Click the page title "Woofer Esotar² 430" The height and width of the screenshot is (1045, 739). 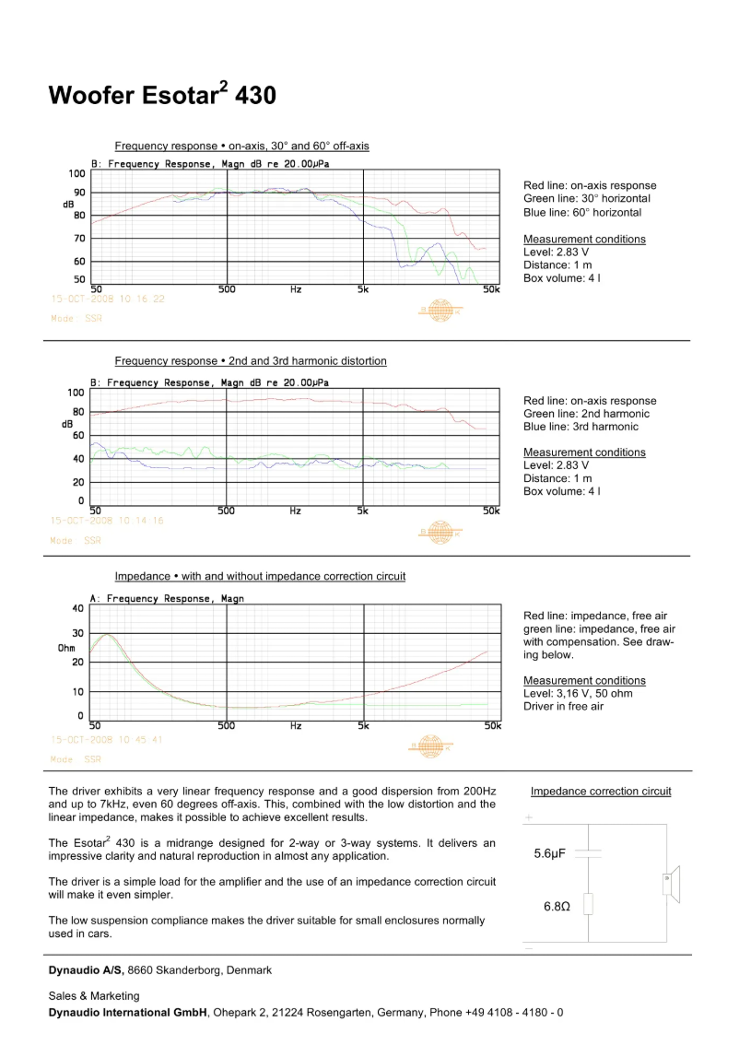[162, 96]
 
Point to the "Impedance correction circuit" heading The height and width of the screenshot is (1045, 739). [601, 792]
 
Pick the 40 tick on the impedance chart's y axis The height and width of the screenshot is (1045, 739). [76, 608]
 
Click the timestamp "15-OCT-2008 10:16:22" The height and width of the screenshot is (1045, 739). [108, 299]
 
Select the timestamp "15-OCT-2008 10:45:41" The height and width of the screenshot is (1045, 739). [108, 740]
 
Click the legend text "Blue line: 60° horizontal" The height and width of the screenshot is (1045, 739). [582, 213]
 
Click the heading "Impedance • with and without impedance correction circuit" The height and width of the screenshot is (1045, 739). [260, 577]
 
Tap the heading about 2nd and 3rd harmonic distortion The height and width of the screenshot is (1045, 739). [251, 361]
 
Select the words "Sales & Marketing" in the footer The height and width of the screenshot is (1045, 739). [94, 996]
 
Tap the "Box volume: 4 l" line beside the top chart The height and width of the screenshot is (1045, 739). [562, 278]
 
